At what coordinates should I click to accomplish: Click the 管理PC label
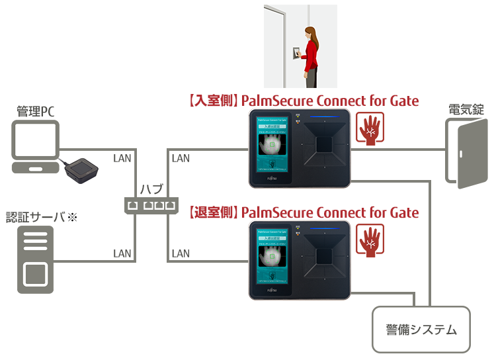click(x=35, y=111)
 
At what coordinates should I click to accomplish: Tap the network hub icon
click(x=151, y=206)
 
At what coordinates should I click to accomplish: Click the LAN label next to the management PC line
click(x=122, y=158)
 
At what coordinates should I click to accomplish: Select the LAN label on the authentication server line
click(x=122, y=253)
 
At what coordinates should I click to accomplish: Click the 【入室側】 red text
click(x=212, y=101)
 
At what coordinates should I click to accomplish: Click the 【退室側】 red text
click(x=212, y=212)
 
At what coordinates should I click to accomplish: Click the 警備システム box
click(x=421, y=329)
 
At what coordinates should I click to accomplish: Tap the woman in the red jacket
click(x=309, y=56)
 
